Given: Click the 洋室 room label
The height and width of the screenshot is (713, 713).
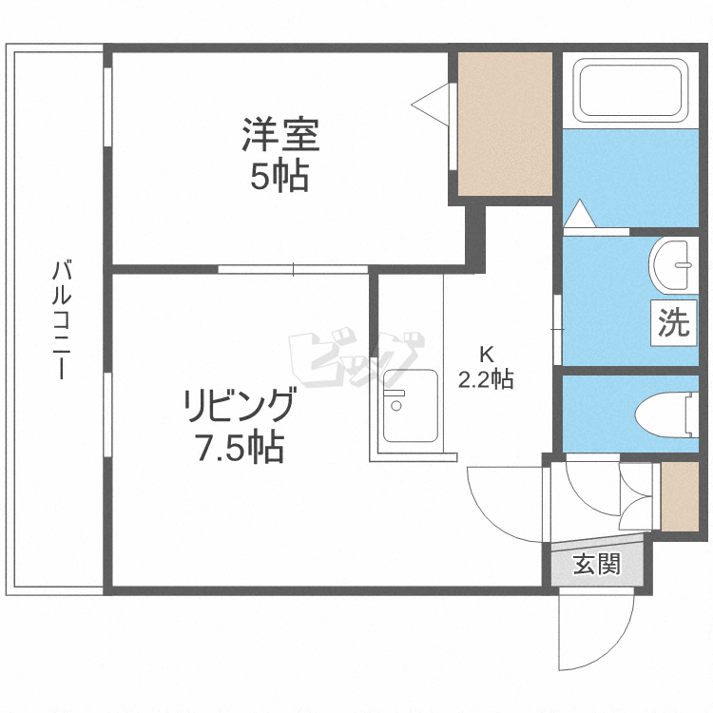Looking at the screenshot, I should coord(279,134).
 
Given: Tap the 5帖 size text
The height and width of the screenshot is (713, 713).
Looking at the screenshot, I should coord(279,176).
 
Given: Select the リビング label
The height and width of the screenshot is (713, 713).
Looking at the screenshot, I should coord(239,406).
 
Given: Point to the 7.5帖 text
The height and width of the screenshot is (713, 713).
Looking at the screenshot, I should coord(240,447).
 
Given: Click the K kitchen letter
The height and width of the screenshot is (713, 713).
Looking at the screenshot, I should coord(486,356).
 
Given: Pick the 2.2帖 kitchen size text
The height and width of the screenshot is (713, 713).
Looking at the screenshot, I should coord(486,380).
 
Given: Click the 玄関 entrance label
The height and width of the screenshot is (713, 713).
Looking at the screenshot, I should coord(596,565).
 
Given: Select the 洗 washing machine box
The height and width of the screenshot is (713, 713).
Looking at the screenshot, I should coord(674,323).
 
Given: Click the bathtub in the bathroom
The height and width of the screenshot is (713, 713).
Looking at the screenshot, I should coord(631,90).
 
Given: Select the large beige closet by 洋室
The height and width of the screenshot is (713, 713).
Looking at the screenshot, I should coord(505,124).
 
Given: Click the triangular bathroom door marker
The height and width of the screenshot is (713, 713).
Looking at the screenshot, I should coord(580,215).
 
